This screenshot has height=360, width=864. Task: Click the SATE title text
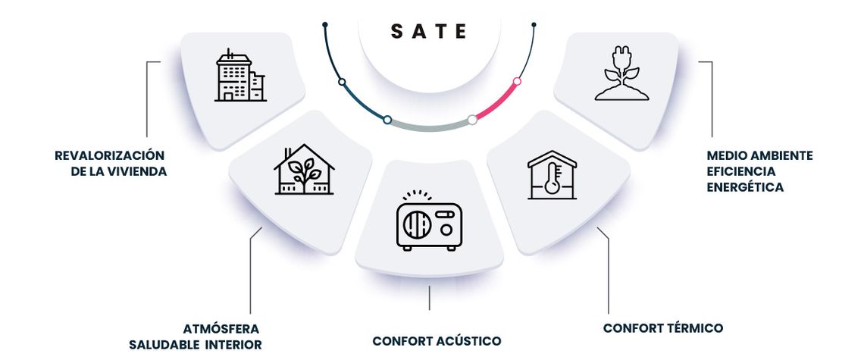click(429, 31)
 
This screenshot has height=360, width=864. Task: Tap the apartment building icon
click(240, 75)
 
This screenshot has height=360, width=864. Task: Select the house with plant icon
click(304, 169)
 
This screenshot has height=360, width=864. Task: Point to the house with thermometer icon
click(552, 175)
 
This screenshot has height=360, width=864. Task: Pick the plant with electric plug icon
click(621, 77)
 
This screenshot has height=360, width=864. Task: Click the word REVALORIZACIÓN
click(110, 155)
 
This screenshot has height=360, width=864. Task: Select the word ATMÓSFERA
click(221, 329)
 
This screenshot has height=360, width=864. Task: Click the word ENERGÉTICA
click(745, 187)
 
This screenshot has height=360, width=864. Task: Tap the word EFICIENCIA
click(740, 171)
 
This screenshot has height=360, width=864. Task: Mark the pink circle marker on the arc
click(517, 82)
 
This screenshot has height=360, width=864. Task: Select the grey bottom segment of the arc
click(430, 127)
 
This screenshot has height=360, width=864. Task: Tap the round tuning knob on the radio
click(446, 230)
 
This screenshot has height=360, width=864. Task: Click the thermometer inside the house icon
click(552, 180)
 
